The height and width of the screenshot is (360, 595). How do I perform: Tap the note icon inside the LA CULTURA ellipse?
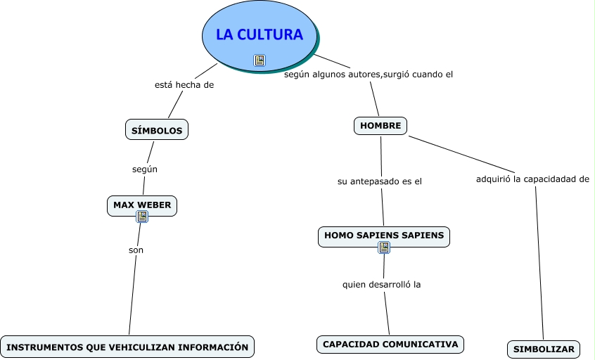tap(260, 60)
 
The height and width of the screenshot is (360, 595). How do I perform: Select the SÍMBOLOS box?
tap(157, 130)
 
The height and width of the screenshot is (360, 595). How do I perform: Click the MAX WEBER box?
tap(142, 205)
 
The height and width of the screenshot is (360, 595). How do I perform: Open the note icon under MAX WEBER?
tap(142, 217)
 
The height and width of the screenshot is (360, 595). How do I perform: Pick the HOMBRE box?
tap(380, 126)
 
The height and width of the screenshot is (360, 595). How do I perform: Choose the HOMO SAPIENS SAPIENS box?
tap(383, 236)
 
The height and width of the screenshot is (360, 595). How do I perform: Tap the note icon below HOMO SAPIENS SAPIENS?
tap(384, 247)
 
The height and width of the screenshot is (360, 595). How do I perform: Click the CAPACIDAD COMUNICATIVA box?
tap(390, 344)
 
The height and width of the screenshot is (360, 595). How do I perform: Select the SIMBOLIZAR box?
tap(544, 349)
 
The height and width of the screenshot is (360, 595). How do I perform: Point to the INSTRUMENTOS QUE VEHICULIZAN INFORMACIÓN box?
tap(127, 347)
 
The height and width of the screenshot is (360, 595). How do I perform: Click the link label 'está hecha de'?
tap(184, 85)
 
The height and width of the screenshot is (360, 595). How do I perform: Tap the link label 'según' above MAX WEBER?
tap(145, 169)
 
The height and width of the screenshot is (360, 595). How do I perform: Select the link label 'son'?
tap(136, 250)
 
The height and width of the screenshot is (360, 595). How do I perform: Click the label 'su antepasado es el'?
tap(380, 181)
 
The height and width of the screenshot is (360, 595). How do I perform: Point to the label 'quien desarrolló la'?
tap(381, 285)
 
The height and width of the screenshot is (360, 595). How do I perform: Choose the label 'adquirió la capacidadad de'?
tap(532, 179)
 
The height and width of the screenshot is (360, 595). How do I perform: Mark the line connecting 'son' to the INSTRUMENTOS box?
tap(132, 295)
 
